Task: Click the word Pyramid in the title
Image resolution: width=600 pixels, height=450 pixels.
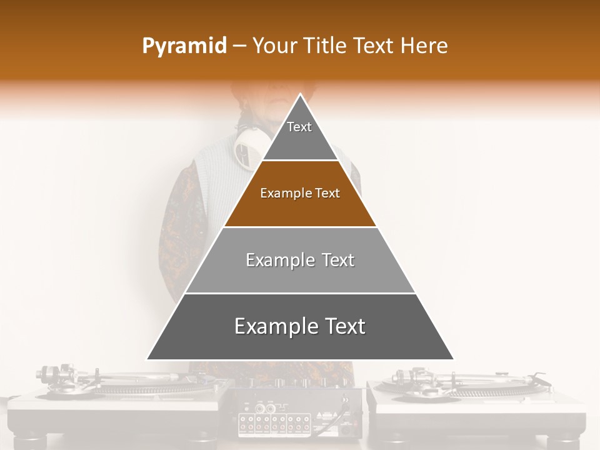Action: pos(184,46)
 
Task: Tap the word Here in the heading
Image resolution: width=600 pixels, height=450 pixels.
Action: pos(424,46)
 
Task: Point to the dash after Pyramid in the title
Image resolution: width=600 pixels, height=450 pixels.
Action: pos(239,46)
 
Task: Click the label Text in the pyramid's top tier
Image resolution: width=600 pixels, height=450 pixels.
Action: pos(299,127)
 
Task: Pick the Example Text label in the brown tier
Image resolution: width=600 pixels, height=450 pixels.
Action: pos(300,193)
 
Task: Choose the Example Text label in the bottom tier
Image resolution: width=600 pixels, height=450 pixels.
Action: pos(300,326)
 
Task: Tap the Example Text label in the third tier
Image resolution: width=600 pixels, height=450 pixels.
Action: pos(300,260)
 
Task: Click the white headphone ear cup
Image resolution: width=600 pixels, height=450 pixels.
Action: pos(247,147)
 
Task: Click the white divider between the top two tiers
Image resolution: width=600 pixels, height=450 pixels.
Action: pos(300,161)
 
